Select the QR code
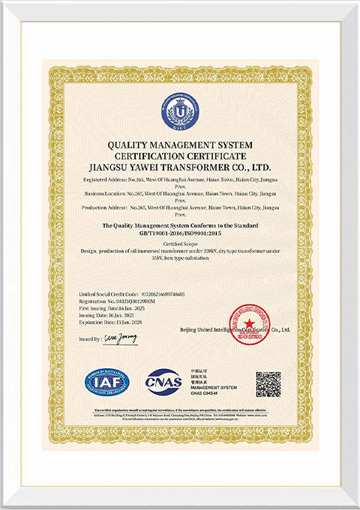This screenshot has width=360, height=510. (268, 383)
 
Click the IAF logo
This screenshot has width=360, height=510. (107, 382)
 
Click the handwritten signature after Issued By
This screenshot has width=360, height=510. (121, 338)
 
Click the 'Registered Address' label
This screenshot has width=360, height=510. (102, 181)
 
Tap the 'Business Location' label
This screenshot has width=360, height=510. (102, 193)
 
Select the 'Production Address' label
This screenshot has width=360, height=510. (102, 206)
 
